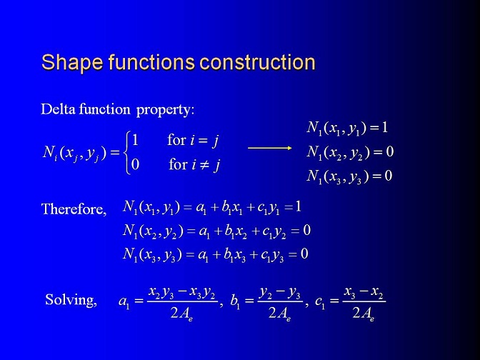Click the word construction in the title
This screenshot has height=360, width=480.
click(x=257, y=62)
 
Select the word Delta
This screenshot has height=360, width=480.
click(x=58, y=109)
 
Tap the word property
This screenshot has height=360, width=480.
click(x=165, y=110)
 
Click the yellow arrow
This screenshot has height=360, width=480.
click(x=270, y=148)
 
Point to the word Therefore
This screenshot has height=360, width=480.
click(x=74, y=209)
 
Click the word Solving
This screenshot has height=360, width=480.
click(x=71, y=300)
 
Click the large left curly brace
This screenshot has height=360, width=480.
click(x=126, y=152)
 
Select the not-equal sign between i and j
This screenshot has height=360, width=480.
click(x=204, y=165)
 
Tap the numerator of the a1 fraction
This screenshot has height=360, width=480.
click(x=182, y=293)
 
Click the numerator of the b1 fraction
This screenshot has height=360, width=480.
click(x=280, y=293)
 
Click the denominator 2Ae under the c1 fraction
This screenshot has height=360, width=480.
click(x=364, y=314)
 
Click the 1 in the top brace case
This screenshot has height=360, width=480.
click(x=135, y=140)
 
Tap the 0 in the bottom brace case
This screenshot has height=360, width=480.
click(x=135, y=165)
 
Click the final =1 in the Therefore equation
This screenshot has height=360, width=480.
click(x=293, y=207)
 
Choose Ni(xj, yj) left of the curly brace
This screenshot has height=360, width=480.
click(x=74, y=153)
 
